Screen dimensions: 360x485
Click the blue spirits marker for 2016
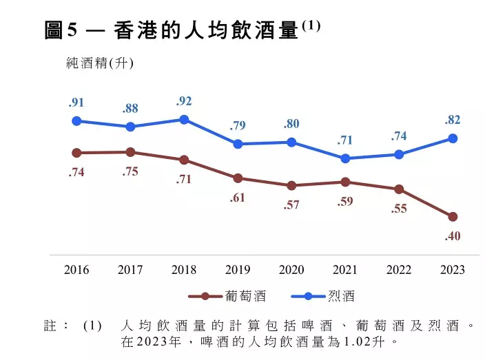point(76,121)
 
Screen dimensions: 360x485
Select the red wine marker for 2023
point(453,217)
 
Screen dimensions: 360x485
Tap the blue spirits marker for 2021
point(345,158)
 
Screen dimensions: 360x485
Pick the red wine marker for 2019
point(238,178)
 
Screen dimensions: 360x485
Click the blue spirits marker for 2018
point(184,120)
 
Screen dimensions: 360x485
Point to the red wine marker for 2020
point(291,185)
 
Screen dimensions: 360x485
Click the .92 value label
point(184,101)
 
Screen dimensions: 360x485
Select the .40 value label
point(453,236)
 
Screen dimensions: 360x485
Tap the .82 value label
point(453,120)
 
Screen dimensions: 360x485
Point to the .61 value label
point(238,198)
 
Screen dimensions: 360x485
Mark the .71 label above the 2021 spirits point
point(345,140)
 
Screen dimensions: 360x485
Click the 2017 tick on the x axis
point(130,269)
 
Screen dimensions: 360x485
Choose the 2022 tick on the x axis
point(399,269)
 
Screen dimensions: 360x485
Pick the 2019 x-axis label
point(238,269)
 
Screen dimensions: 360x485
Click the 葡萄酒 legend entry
point(227,297)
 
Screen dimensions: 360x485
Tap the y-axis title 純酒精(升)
point(99,63)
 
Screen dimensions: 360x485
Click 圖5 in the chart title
point(63,30)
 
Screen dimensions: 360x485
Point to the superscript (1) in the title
point(311,25)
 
